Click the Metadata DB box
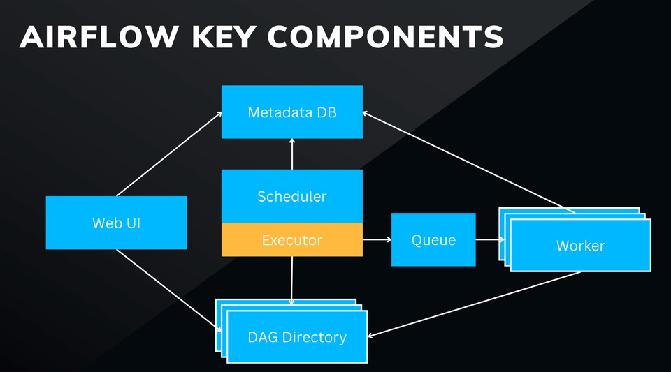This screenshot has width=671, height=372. pos(292,112)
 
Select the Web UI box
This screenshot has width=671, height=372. pos(117,223)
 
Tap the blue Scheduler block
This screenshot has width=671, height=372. pos(292,196)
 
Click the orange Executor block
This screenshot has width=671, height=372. pos(292,239)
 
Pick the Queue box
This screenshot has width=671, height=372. pos(433,239)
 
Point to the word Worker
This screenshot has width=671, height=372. pos(580,246)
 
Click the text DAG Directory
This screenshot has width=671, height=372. pos(297,337)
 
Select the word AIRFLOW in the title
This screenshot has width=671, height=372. pos(99,37)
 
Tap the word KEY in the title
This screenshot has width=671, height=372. pos(224,37)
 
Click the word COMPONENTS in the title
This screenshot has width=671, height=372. pos(386,37)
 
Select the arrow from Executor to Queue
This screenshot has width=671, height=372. pos(377,239)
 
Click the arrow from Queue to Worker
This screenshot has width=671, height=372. pos(490,239)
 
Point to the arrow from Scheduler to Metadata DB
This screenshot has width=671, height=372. pos(292,154)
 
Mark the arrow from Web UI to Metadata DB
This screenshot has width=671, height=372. pos(169,154)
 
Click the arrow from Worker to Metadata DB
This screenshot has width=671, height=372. pos(468,162)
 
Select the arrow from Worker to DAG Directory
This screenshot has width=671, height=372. pos(474,304)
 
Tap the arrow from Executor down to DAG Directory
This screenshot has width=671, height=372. pos(292,281)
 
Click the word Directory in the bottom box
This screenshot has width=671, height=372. pos(315,337)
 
